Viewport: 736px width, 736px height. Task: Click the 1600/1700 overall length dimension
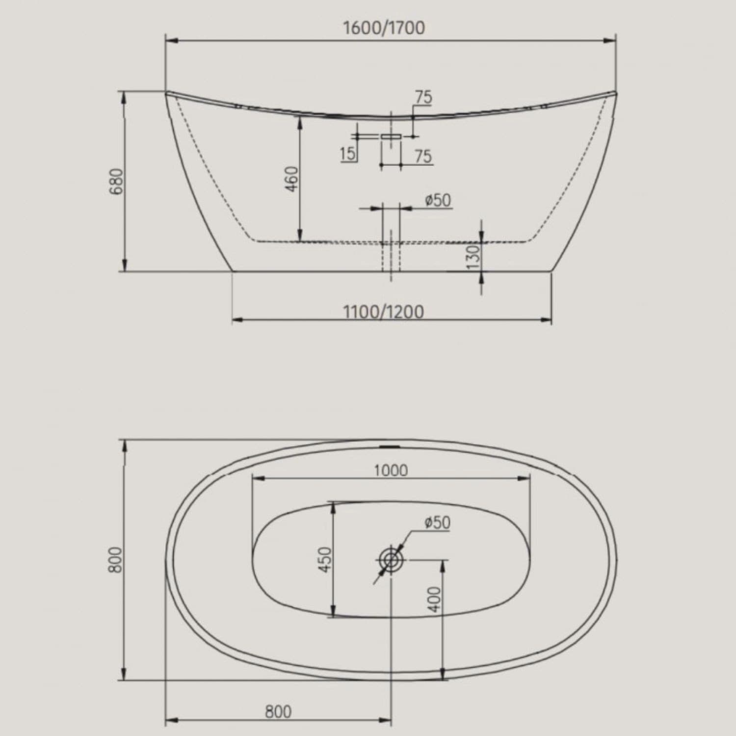384,28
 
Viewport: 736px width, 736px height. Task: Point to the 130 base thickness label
472,257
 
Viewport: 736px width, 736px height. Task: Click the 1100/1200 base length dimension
383,312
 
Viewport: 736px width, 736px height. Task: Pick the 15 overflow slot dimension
347,154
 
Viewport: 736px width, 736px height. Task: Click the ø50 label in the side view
438,200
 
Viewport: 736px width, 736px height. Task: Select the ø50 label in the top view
437,523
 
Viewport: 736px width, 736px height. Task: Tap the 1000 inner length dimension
391,471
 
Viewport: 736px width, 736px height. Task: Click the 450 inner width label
325,559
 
